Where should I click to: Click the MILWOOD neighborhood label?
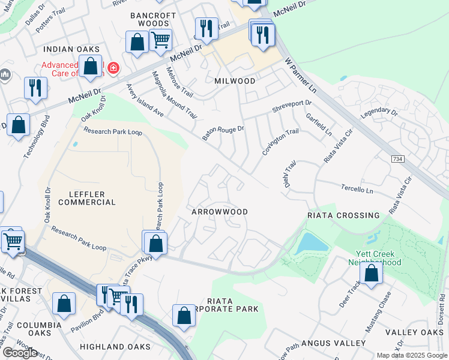(235, 80)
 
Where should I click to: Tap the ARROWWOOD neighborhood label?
(219, 212)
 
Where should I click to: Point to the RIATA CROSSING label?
(343, 215)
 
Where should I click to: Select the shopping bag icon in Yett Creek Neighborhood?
(372, 273)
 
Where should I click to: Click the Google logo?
(19, 352)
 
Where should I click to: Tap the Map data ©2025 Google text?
(411, 355)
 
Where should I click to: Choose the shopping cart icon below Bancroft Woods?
(160, 40)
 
